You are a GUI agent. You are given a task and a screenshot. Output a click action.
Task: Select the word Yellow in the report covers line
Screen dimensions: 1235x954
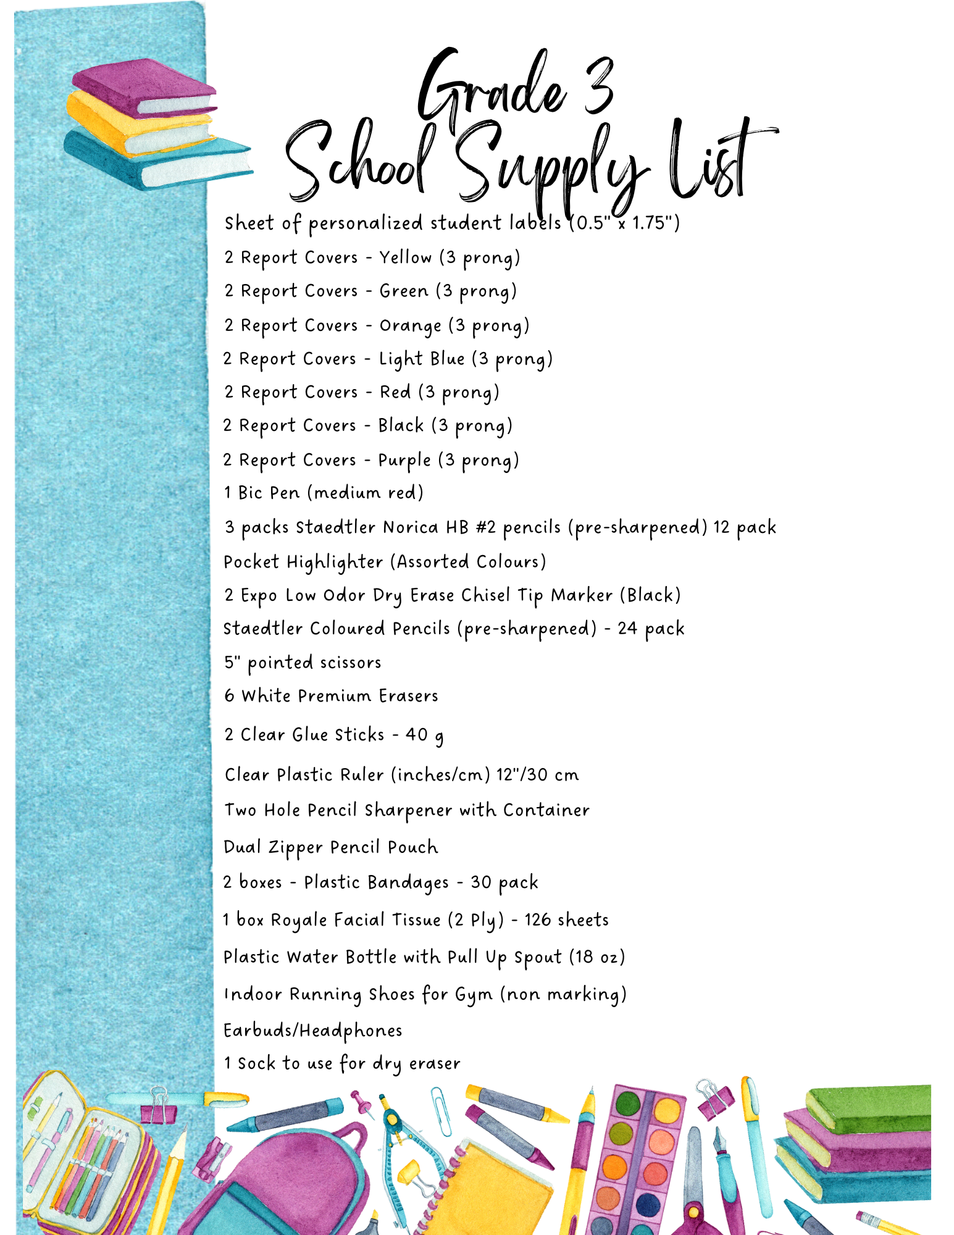[405, 257]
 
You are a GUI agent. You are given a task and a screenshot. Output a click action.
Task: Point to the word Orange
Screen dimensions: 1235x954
[410, 325]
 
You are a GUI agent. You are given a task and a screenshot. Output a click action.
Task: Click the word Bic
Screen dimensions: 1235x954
[250, 493]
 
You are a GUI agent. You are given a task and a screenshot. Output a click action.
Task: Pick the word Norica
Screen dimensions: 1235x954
[410, 527]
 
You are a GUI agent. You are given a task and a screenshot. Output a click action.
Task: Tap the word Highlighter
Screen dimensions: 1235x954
[334, 562]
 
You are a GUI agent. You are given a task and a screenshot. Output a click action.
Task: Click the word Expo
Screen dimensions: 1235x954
[259, 595]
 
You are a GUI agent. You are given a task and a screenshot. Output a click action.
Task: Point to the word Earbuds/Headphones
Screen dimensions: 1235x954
[312, 1031]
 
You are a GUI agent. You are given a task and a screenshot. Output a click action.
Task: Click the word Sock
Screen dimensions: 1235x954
[256, 1063]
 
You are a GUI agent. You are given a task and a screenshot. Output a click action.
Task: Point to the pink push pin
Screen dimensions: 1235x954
[361, 1102]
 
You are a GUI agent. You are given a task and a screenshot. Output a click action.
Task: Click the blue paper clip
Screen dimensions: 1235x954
[441, 1111]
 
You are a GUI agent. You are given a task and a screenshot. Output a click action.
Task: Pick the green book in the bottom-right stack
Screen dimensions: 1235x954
[871, 1108]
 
